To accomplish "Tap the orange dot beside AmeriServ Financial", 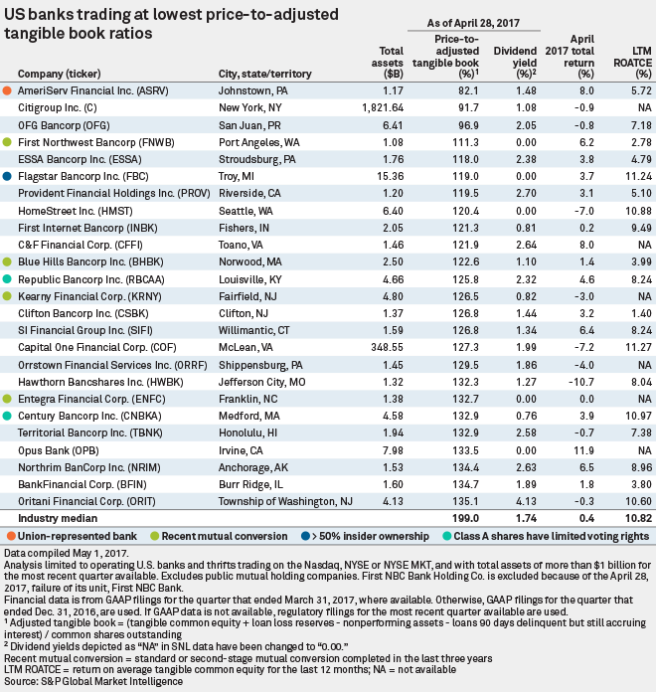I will (8, 89).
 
